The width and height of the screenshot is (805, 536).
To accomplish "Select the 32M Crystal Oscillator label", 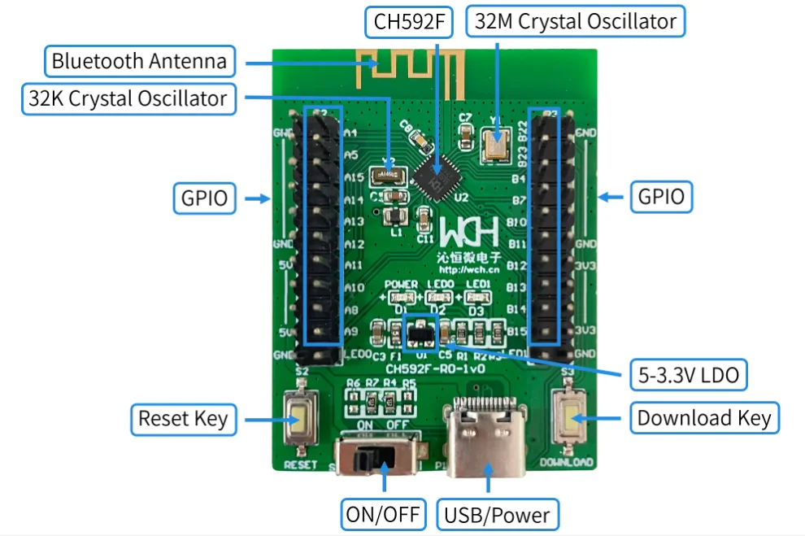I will point(575,22).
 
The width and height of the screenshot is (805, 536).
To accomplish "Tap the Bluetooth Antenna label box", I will point(139,61).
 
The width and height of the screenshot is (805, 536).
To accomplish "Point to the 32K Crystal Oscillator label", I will point(127,99).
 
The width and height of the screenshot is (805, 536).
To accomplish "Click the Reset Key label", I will point(183,419).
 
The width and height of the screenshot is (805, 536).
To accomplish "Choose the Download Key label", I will point(703,418).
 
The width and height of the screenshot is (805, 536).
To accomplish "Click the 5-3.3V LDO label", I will point(690,375).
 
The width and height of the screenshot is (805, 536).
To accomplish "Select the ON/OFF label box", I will point(383,514).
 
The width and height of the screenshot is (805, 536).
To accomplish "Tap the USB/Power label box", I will point(497,514).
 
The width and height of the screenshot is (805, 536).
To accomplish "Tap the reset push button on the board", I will point(299,424).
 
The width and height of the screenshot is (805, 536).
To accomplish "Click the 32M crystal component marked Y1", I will point(496,144).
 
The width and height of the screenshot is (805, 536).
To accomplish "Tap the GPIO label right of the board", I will point(661,196).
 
